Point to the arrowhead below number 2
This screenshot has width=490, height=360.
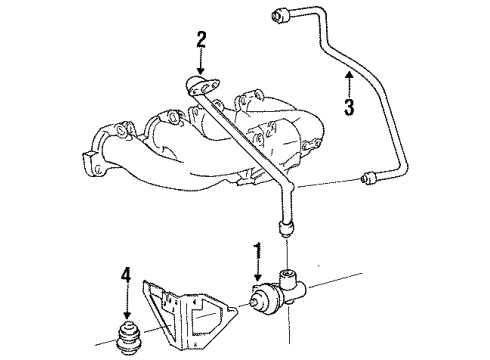pos(200,73)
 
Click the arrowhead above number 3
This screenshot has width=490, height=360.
pos(348,72)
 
